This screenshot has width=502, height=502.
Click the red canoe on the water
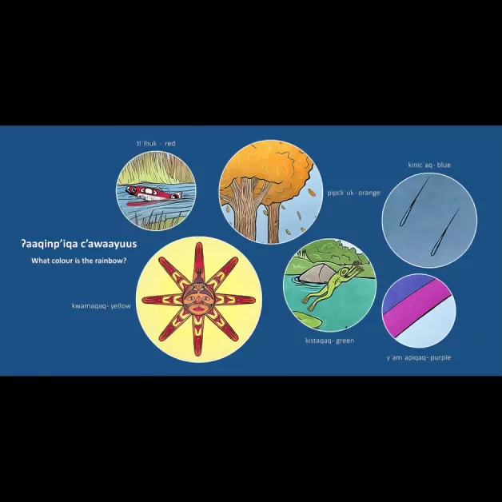153,194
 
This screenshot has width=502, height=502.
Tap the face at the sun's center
199,300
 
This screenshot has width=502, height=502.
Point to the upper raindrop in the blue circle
414,202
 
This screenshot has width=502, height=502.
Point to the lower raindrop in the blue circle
445,232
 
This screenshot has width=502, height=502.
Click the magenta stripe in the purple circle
417,306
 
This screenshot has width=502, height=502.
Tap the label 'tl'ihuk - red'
156,143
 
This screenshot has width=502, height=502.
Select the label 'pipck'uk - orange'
354,193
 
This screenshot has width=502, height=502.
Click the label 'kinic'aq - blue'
429,165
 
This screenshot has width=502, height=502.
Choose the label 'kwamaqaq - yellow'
102,305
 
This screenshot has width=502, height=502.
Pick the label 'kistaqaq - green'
330,341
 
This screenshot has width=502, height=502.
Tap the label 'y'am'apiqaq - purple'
418,357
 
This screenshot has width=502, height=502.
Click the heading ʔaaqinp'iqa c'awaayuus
79,244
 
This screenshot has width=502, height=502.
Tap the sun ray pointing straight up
199,262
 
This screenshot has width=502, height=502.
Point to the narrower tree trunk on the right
273,223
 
